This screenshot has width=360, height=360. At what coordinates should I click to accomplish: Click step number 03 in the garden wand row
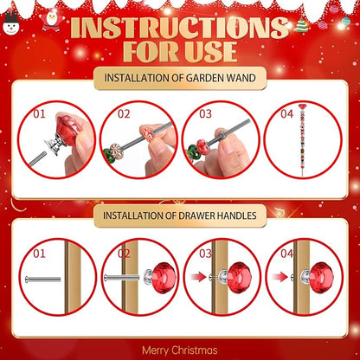click(206, 113)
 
